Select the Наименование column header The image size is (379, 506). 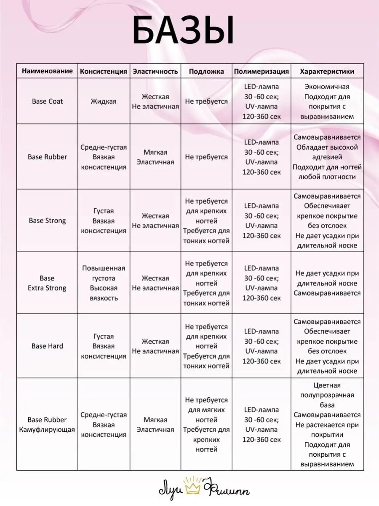(x=47, y=71)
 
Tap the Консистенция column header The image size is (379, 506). (x=104, y=71)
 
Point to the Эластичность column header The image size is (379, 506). (x=155, y=71)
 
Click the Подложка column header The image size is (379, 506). (x=206, y=71)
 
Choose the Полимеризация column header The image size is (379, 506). (x=262, y=71)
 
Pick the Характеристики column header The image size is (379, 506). (x=327, y=71)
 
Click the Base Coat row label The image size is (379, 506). (x=47, y=102)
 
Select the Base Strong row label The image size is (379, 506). (x=47, y=221)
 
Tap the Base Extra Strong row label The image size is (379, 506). (x=47, y=283)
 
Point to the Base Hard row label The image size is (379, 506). (x=47, y=346)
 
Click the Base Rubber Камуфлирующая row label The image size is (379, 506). (x=47, y=425)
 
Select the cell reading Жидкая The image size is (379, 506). (x=104, y=102)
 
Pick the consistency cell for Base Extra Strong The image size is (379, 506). (x=104, y=283)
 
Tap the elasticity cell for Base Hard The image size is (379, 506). (x=155, y=346)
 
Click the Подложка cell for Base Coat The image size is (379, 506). (x=206, y=102)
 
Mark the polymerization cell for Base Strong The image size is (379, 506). (x=262, y=221)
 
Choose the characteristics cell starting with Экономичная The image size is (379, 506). (x=327, y=102)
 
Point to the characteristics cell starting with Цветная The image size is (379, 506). (x=327, y=425)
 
